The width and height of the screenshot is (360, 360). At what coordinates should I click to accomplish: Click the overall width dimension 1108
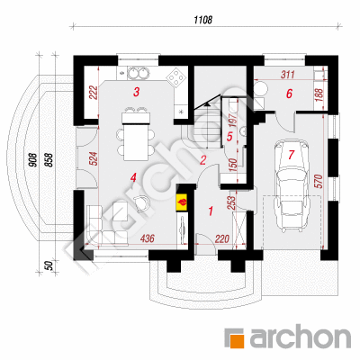pyautogui.click(x=203, y=20)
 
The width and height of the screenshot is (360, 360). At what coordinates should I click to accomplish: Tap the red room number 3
pyautogui.click(x=136, y=92)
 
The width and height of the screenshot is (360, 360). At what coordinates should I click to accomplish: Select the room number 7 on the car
pyautogui.click(x=291, y=155)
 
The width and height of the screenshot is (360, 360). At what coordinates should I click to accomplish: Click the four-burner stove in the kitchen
pyautogui.click(x=175, y=77)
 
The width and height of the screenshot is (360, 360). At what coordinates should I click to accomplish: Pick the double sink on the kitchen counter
pyautogui.click(x=138, y=73)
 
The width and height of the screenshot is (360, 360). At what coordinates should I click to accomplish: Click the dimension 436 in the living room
pyautogui.click(x=148, y=238)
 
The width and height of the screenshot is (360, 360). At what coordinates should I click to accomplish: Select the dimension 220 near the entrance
pyautogui.click(x=222, y=239)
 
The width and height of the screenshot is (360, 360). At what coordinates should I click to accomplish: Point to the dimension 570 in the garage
pyautogui.click(x=319, y=181)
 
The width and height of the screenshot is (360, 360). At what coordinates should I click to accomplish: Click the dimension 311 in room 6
pyautogui.click(x=288, y=75)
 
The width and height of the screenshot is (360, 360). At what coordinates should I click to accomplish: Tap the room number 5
pyautogui.click(x=229, y=137)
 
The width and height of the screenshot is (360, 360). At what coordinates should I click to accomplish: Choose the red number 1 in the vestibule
pyautogui.click(x=211, y=211)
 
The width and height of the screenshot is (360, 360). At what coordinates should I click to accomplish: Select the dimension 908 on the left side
pyautogui.click(x=33, y=159)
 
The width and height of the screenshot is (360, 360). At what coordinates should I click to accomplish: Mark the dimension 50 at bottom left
pyautogui.click(x=49, y=265)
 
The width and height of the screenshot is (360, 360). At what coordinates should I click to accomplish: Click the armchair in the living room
pyautogui.click(x=141, y=204)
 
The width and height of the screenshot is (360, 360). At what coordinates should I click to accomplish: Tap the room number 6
pyautogui.click(x=289, y=94)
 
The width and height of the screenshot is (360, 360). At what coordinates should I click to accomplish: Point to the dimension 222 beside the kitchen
pyautogui.click(x=94, y=93)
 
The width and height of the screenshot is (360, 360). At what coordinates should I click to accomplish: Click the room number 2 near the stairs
pyautogui.click(x=202, y=160)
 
